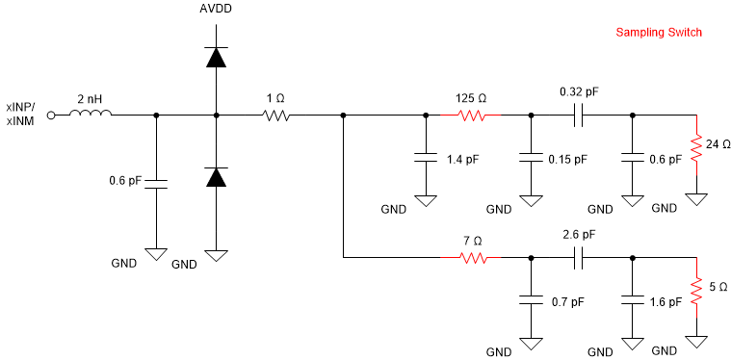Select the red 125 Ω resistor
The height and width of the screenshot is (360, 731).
(x=472, y=115)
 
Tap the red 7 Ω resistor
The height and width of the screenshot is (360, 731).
(x=472, y=257)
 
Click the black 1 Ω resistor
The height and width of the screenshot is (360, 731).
(x=276, y=115)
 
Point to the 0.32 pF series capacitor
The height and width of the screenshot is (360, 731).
(x=578, y=115)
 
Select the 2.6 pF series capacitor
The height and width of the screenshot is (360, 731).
(x=578, y=257)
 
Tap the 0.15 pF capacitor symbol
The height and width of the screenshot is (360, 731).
(x=531, y=158)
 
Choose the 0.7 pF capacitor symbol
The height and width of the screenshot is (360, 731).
(x=531, y=300)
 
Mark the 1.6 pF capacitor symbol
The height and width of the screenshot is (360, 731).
(x=633, y=300)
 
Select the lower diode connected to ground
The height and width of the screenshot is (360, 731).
(x=217, y=177)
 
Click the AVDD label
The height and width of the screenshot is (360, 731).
(x=217, y=10)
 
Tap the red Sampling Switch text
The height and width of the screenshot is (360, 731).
(x=659, y=33)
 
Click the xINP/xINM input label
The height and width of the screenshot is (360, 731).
(x=21, y=114)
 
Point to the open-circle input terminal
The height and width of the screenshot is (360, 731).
(x=52, y=115)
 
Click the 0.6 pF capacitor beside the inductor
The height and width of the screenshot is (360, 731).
(x=156, y=182)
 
